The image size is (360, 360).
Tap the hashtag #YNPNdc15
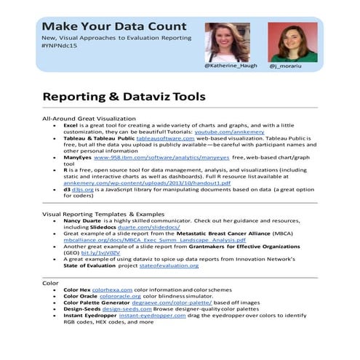(x=63, y=47)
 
